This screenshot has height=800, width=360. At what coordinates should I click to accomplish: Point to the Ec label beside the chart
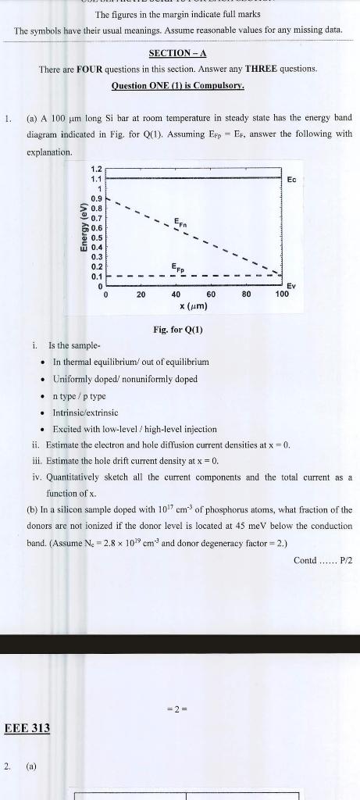pyautogui.click(x=291, y=180)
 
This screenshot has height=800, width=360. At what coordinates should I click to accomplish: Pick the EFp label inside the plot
pyautogui.click(x=180, y=267)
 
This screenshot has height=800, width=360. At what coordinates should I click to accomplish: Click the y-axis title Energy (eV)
pyautogui.click(x=82, y=228)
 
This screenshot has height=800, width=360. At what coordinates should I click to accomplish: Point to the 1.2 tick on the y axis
pyautogui.click(x=96, y=169)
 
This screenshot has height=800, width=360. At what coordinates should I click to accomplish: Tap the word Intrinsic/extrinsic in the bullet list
pyautogui.click(x=85, y=412)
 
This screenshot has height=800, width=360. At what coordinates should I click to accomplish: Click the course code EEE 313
pyautogui.click(x=27, y=728)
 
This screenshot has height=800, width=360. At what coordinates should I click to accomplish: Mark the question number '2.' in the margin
pyautogui.click(x=7, y=766)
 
